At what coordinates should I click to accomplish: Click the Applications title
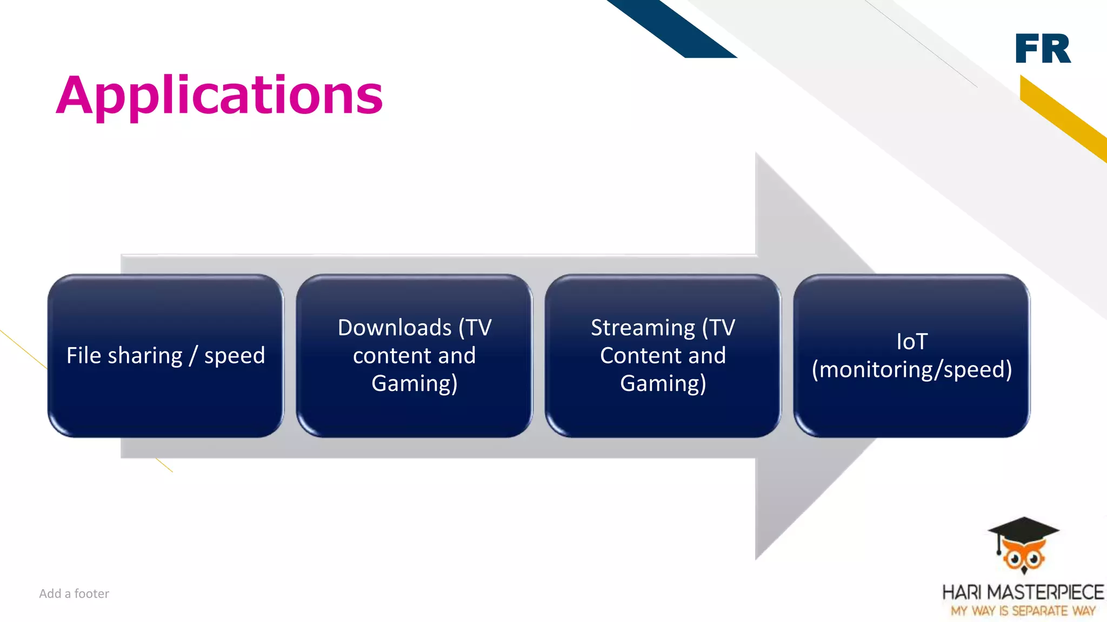coord(219,96)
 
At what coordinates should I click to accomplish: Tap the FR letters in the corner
coord(1043,49)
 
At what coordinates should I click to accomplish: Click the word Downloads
coord(395,328)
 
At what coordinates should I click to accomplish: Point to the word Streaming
coord(643,328)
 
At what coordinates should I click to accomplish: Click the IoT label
coord(912,342)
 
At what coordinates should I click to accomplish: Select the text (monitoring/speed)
coord(912,370)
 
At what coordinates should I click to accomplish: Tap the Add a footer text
coord(74,593)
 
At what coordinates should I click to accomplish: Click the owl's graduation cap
coord(1023,529)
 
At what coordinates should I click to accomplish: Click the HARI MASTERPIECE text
coord(1023,592)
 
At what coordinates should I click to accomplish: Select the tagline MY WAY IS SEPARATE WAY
coord(1023,611)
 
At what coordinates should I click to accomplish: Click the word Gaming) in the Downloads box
coord(415,384)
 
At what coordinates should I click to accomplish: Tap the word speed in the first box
coord(235,356)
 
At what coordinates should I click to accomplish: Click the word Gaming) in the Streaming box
coord(663,384)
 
